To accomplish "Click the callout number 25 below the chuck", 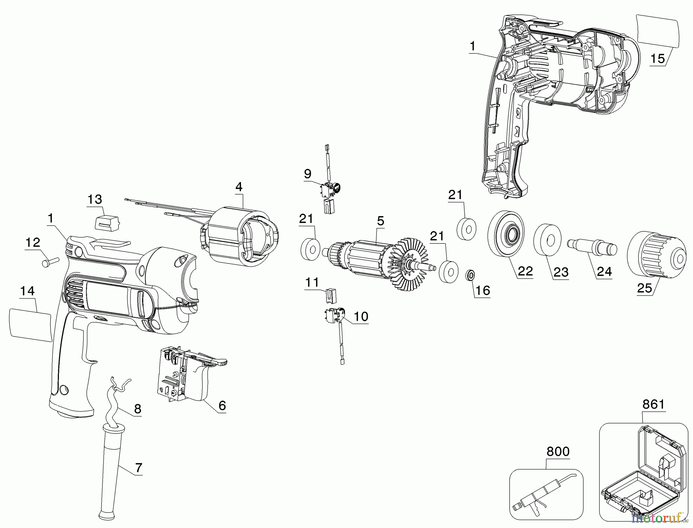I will point(645,288).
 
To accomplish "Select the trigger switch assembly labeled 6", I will point(191,379).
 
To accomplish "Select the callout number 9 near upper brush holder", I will point(307,174).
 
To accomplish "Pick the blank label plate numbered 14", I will point(30,325).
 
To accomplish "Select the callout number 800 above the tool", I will point(557,451).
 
